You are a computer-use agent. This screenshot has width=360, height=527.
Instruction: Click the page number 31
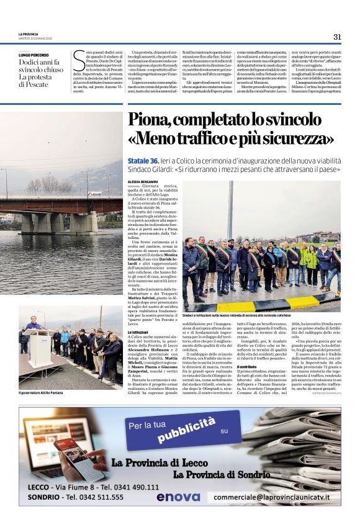pos(337,37)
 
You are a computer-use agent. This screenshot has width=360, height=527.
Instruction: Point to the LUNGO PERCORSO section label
pos(35,55)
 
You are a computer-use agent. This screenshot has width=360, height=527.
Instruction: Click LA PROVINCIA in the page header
pos(29,34)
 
